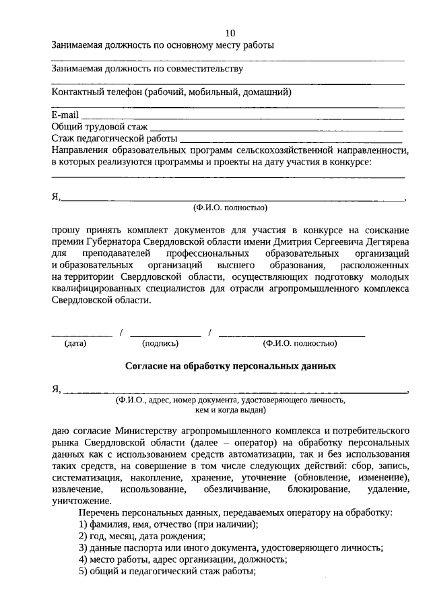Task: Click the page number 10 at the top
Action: tap(230, 33)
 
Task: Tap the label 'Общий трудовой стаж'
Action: tap(99, 126)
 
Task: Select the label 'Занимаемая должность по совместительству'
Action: tap(147, 69)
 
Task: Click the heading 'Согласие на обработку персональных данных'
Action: tap(230, 366)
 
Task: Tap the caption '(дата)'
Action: tap(75, 343)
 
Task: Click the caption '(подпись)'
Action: tap(160, 343)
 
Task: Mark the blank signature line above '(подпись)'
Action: tap(165, 335)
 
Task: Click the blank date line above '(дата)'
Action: tap(81, 335)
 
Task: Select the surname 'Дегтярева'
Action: tap(385, 241)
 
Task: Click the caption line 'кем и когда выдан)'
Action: tap(230, 409)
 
